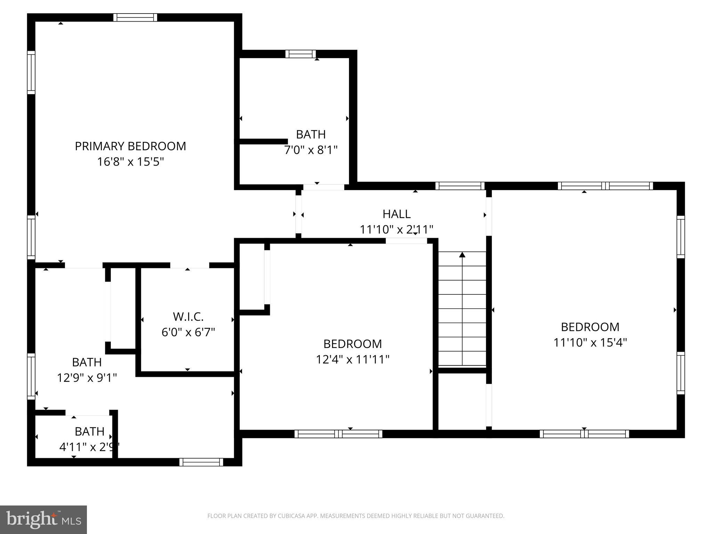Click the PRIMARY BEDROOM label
[x=130, y=146]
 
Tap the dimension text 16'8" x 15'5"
[x=130, y=162]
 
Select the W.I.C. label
[x=188, y=317]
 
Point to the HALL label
[x=397, y=214]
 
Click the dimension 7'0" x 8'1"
[x=311, y=150]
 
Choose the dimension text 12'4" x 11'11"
[x=353, y=359]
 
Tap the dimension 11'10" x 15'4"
[x=590, y=342]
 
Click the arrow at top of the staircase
[x=462, y=255]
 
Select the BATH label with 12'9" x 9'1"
[x=87, y=362]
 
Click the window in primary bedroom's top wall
[x=135, y=17]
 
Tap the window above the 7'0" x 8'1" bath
[x=301, y=54]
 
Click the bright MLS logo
[x=43, y=519]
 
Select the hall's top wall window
[x=460, y=186]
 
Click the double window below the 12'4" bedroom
[x=338, y=434]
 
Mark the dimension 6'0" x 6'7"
[x=188, y=332]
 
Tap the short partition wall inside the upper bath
[x=263, y=141]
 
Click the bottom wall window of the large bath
[x=201, y=462]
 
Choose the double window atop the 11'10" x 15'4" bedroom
[x=605, y=186]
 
